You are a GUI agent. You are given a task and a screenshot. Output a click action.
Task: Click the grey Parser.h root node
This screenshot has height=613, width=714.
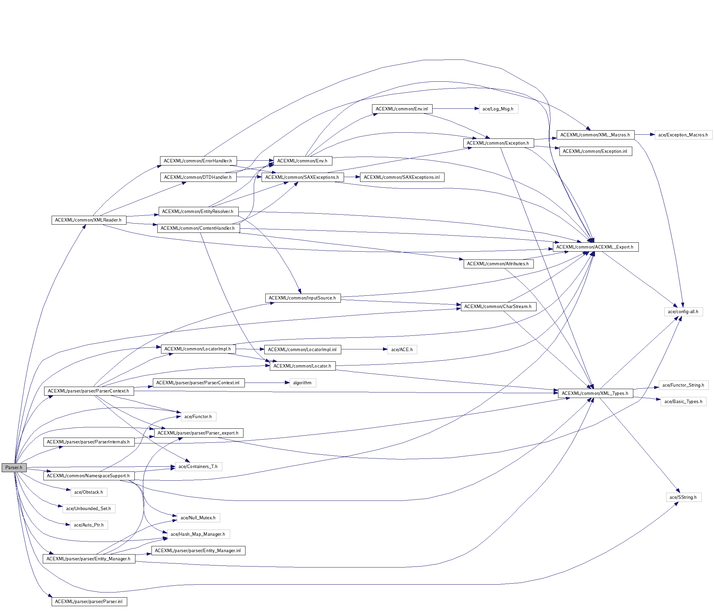[x=14, y=468]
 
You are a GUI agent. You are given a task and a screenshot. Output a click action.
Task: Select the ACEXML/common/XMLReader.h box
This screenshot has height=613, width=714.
[x=89, y=220]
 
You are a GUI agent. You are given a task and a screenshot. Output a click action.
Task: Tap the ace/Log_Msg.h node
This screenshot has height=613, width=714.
[x=498, y=109]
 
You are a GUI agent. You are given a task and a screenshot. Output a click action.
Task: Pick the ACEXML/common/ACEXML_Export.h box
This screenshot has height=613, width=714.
[x=595, y=247]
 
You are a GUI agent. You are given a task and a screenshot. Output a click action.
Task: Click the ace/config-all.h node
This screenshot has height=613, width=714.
[x=683, y=312]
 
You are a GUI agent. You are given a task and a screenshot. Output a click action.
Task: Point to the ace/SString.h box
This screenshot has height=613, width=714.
[x=683, y=497]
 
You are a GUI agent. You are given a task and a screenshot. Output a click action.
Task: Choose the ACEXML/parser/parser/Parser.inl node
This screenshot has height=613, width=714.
[x=89, y=602]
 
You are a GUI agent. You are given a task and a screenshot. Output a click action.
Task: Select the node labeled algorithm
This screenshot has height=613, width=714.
[x=302, y=383]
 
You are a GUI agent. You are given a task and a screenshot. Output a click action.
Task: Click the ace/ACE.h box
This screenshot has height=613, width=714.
[x=402, y=349]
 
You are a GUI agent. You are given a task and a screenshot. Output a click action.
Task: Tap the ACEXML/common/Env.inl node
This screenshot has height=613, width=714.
[x=402, y=109]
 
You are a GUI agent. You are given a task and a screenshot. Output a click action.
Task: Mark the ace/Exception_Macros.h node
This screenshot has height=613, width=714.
[x=683, y=135]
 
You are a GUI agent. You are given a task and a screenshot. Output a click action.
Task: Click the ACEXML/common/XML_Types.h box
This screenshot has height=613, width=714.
[x=595, y=393]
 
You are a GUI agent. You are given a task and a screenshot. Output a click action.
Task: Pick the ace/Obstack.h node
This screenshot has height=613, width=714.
[x=89, y=492]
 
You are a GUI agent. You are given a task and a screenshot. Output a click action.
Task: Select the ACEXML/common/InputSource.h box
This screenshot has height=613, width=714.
[x=303, y=298]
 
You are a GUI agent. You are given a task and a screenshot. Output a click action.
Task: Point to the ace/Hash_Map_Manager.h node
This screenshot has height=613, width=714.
[x=198, y=534]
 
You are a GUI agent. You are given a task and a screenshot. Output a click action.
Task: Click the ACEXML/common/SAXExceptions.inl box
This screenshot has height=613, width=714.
[x=402, y=177]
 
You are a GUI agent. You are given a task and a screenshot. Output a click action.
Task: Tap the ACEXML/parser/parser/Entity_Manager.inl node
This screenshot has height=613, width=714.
[x=198, y=551]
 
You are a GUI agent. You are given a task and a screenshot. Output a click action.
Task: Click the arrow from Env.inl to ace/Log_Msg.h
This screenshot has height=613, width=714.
[x=455, y=109]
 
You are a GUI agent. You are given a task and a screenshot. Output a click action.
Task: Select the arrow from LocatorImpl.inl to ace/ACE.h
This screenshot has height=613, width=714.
[x=363, y=349]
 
